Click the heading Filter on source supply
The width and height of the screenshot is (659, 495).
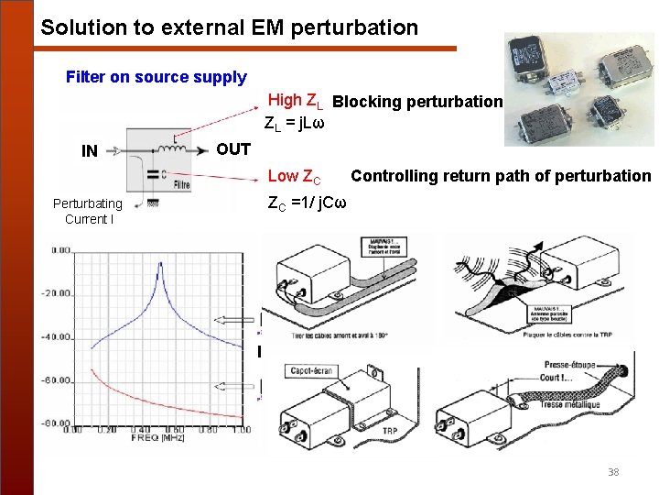[x=156, y=77]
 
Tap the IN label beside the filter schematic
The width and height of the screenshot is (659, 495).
[x=90, y=151]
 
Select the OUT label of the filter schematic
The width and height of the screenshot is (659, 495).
[x=233, y=148]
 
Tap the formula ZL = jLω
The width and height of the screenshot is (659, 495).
[x=295, y=122]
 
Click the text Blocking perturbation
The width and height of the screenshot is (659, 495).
[x=418, y=102]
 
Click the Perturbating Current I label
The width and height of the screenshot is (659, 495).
[x=87, y=212]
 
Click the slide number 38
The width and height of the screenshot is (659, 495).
[x=612, y=472]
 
